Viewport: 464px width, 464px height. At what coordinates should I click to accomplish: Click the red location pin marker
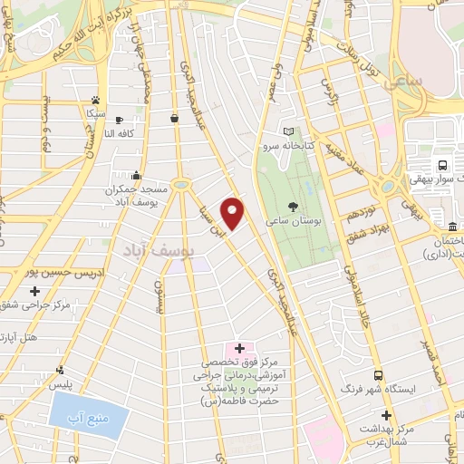233,214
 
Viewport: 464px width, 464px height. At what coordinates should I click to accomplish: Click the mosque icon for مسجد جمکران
136,175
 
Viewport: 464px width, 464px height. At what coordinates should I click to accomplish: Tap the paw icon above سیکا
95,101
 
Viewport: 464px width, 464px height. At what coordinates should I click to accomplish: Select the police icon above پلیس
60,370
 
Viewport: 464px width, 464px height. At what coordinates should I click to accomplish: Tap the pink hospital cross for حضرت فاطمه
239,348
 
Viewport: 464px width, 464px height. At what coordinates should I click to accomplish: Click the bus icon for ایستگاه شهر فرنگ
378,375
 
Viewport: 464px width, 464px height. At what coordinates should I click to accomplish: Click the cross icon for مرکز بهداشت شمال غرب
386,414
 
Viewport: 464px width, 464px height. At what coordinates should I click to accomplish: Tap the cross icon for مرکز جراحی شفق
34,291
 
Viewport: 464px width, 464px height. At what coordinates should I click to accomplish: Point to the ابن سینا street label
210,215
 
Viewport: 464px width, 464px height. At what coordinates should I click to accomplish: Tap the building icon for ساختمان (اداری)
453,226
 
